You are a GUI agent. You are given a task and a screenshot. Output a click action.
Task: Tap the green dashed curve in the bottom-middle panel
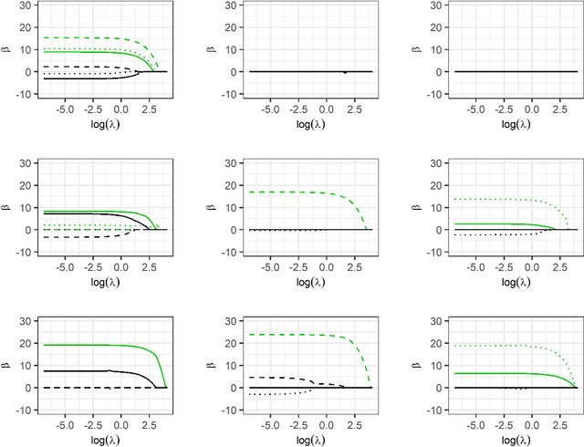tap(274, 334)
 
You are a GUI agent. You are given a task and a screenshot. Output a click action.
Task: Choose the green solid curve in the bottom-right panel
tap(484, 373)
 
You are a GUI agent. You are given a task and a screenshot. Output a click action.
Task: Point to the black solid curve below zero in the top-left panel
tap(73, 79)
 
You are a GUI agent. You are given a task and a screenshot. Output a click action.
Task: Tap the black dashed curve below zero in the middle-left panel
tap(73, 237)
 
